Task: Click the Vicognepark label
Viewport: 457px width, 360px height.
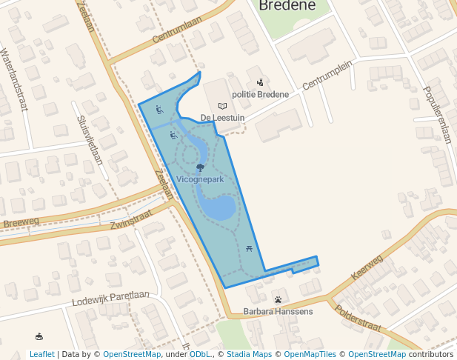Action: pyautogui.click(x=200, y=179)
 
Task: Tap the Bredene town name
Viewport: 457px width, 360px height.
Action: pyautogui.click(x=287, y=6)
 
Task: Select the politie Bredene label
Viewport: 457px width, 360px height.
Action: pyautogui.click(x=261, y=94)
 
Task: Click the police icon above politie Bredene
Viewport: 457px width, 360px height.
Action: pyautogui.click(x=260, y=82)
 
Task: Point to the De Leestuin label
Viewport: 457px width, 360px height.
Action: pyautogui.click(x=222, y=118)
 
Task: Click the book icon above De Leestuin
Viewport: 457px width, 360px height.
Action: pyautogui.click(x=222, y=106)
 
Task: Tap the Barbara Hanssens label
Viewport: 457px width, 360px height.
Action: pyautogui.click(x=278, y=311)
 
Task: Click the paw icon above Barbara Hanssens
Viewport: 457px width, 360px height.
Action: pyautogui.click(x=278, y=300)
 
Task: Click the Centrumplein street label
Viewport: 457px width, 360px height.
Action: pyautogui.click(x=327, y=77)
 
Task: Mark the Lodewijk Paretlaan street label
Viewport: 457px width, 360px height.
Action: pyautogui.click(x=111, y=299)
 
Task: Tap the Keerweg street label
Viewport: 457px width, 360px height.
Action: pyautogui.click(x=369, y=264)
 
